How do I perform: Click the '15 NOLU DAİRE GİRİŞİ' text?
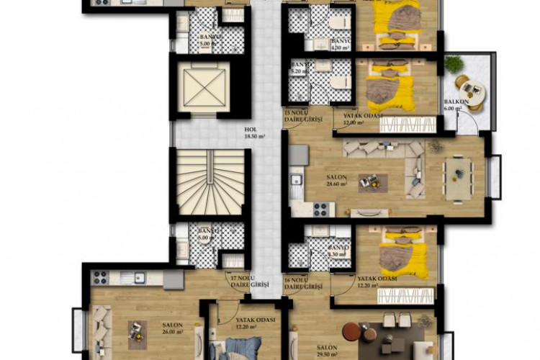click(x=302, y=116)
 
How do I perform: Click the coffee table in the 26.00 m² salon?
click(x=135, y=329)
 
